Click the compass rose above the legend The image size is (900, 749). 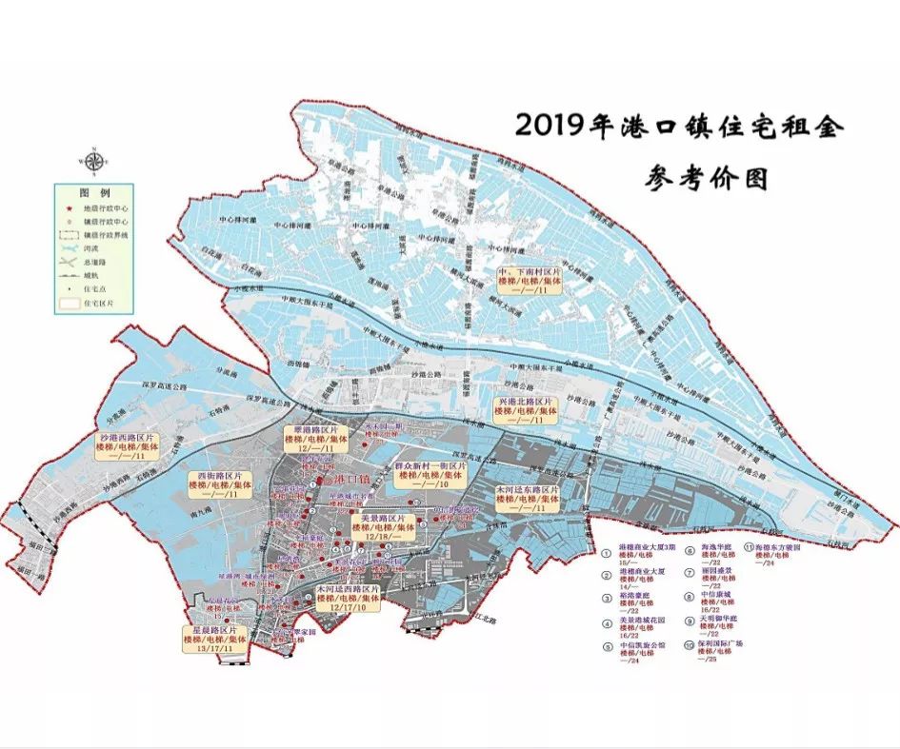(x=93, y=160)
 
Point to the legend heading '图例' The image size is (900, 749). (x=92, y=191)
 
